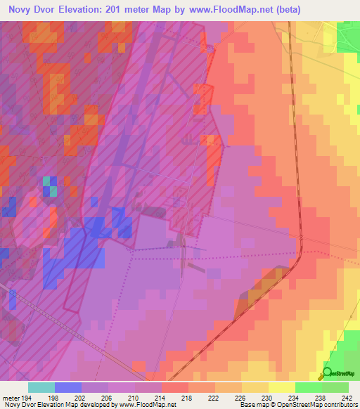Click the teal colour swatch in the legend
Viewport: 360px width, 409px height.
tap(41, 387)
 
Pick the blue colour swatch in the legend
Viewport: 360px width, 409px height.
tap(68, 387)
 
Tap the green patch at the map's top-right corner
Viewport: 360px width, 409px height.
tap(349, 35)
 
